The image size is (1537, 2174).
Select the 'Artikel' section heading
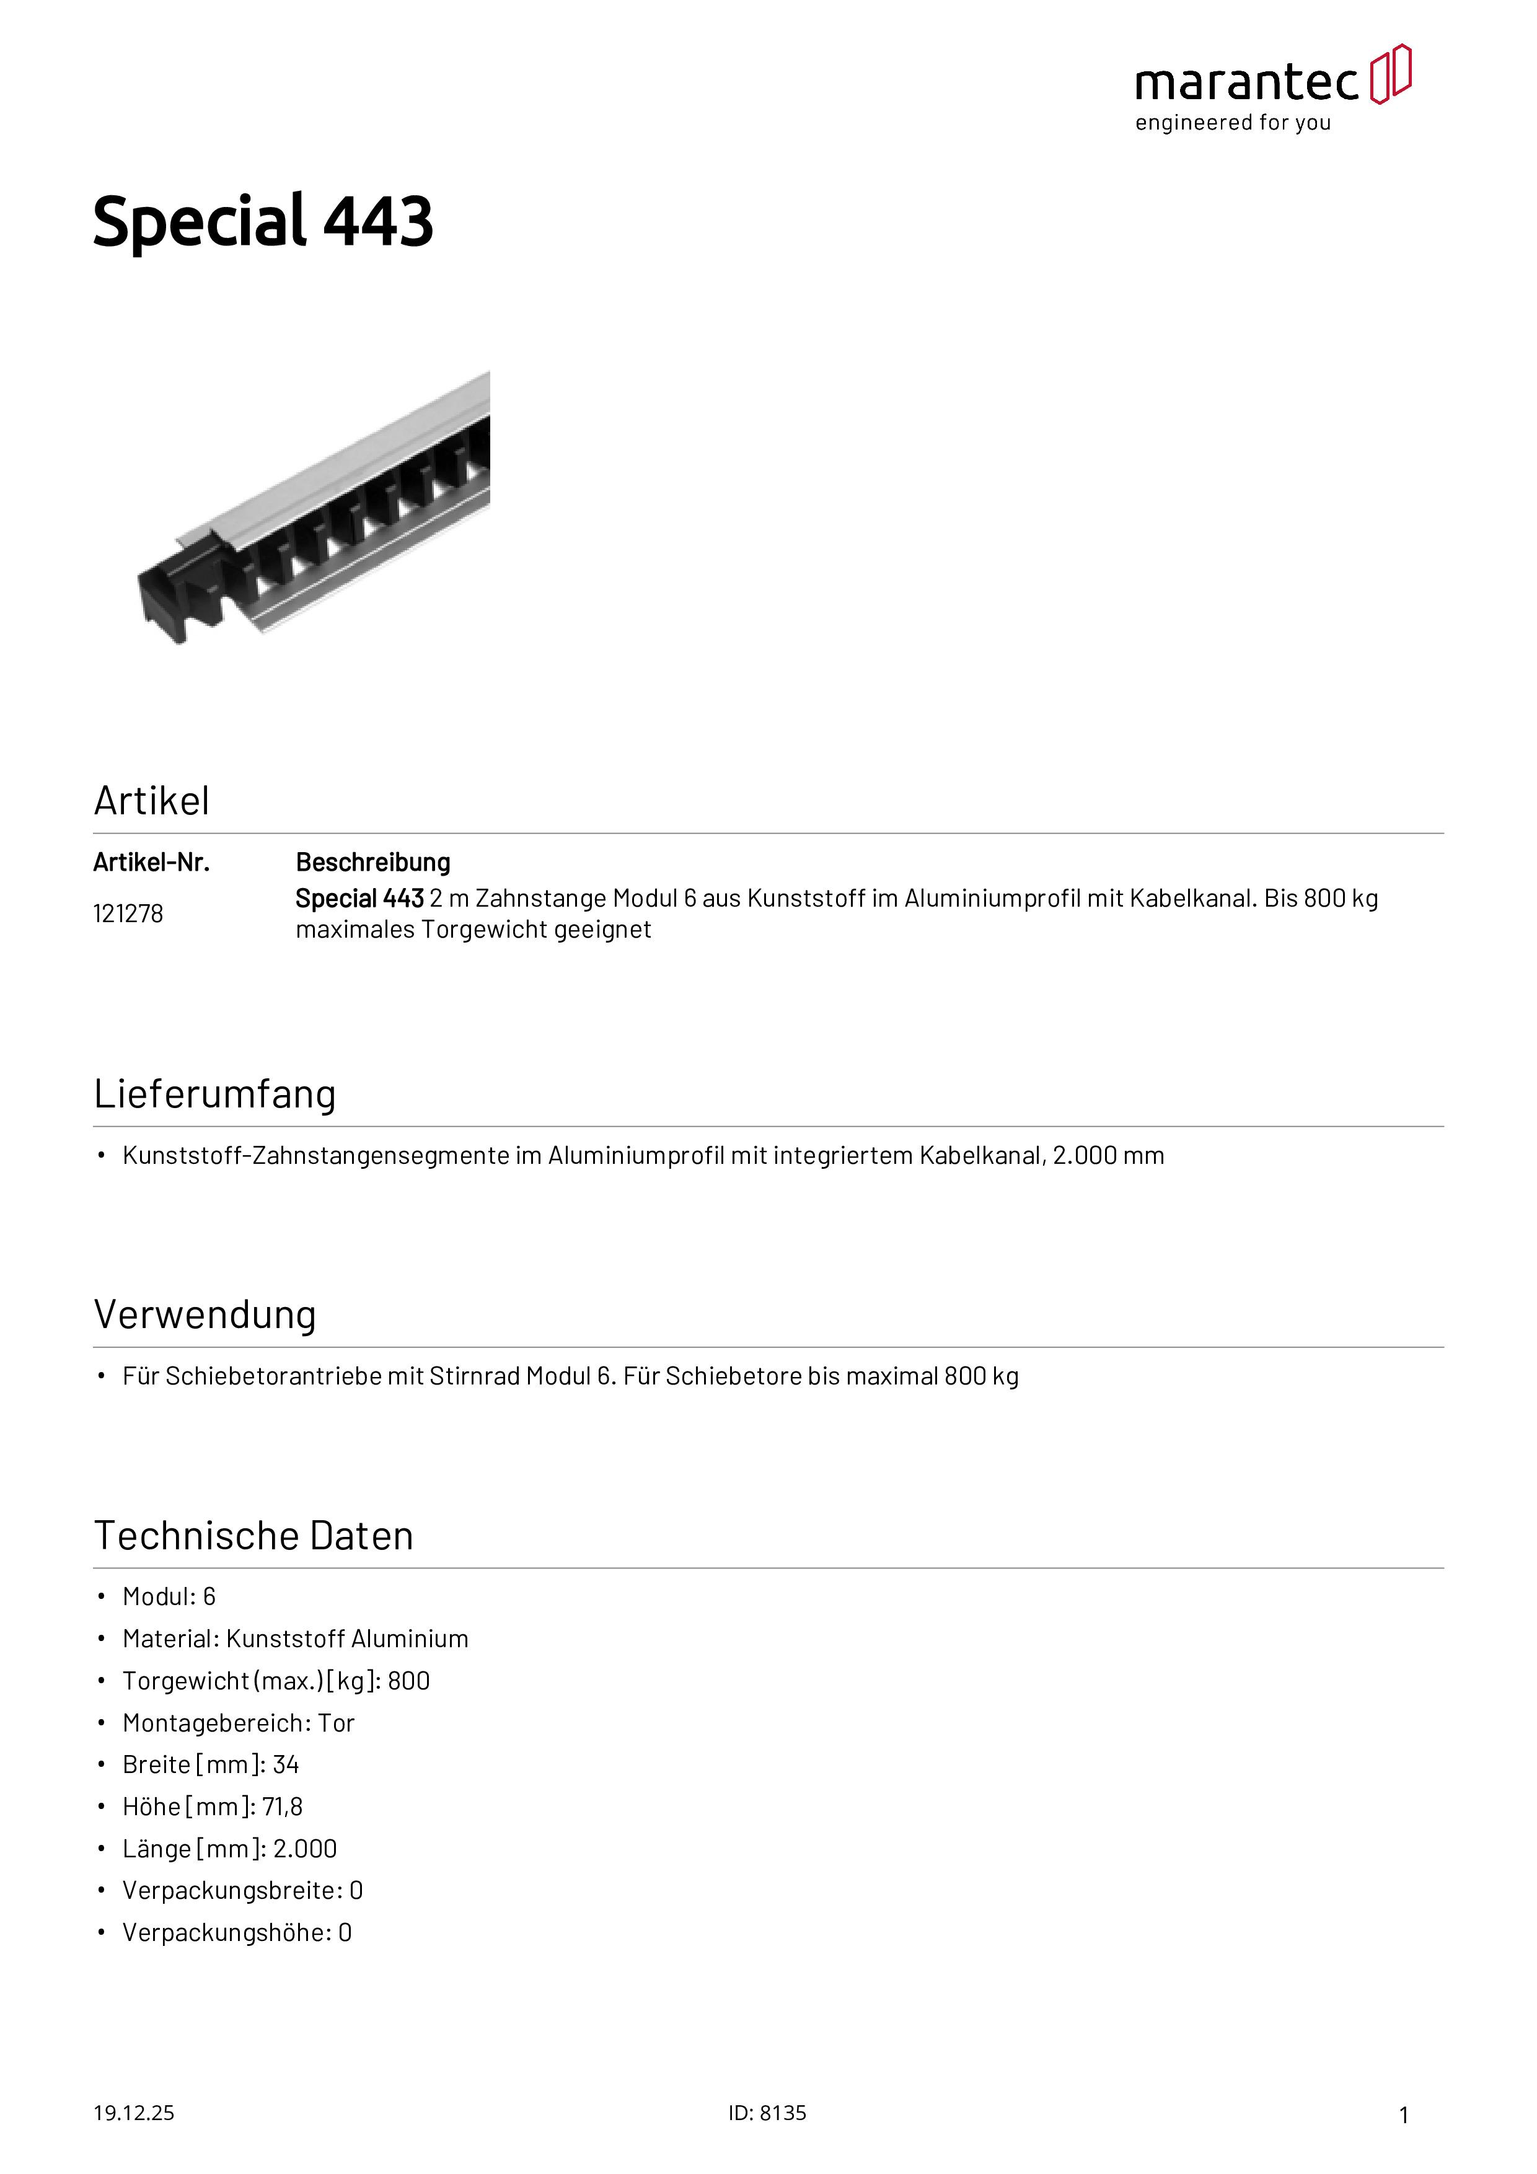tap(151, 801)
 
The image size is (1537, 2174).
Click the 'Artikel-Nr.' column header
tap(151, 863)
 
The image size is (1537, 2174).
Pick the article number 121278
tap(128, 913)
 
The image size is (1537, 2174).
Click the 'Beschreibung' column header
tap(373, 863)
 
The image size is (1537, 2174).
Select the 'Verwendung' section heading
tap(205, 1314)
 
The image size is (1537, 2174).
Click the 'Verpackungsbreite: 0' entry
tap(242, 1890)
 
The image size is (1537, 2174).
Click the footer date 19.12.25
tap(133, 2113)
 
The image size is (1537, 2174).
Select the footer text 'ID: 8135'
tap(767, 2113)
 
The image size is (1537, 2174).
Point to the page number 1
tap(1404, 2115)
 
